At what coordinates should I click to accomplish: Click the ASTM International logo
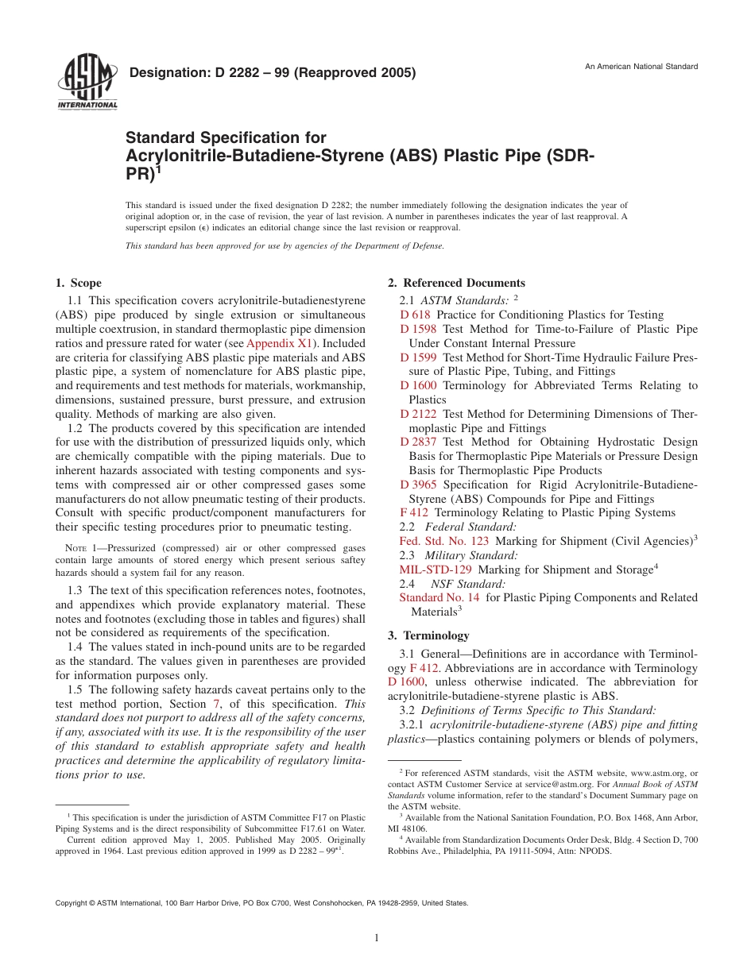(x=87, y=83)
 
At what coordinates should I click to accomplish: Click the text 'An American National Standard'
(x=641, y=66)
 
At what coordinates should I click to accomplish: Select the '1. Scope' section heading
(x=79, y=283)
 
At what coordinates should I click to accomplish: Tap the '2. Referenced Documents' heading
(x=456, y=283)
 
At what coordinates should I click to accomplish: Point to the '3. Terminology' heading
(x=428, y=635)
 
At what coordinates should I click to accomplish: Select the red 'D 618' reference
(x=415, y=315)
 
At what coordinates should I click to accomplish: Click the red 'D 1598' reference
(x=418, y=329)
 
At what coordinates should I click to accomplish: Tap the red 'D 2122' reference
(x=418, y=414)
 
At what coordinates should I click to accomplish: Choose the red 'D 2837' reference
(x=418, y=442)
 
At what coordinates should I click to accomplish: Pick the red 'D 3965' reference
(x=418, y=485)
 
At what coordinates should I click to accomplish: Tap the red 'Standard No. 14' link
(x=439, y=597)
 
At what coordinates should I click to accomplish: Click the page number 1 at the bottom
(x=377, y=938)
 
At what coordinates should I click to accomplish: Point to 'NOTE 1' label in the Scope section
(x=79, y=548)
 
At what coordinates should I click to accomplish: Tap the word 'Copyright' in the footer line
(x=72, y=903)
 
